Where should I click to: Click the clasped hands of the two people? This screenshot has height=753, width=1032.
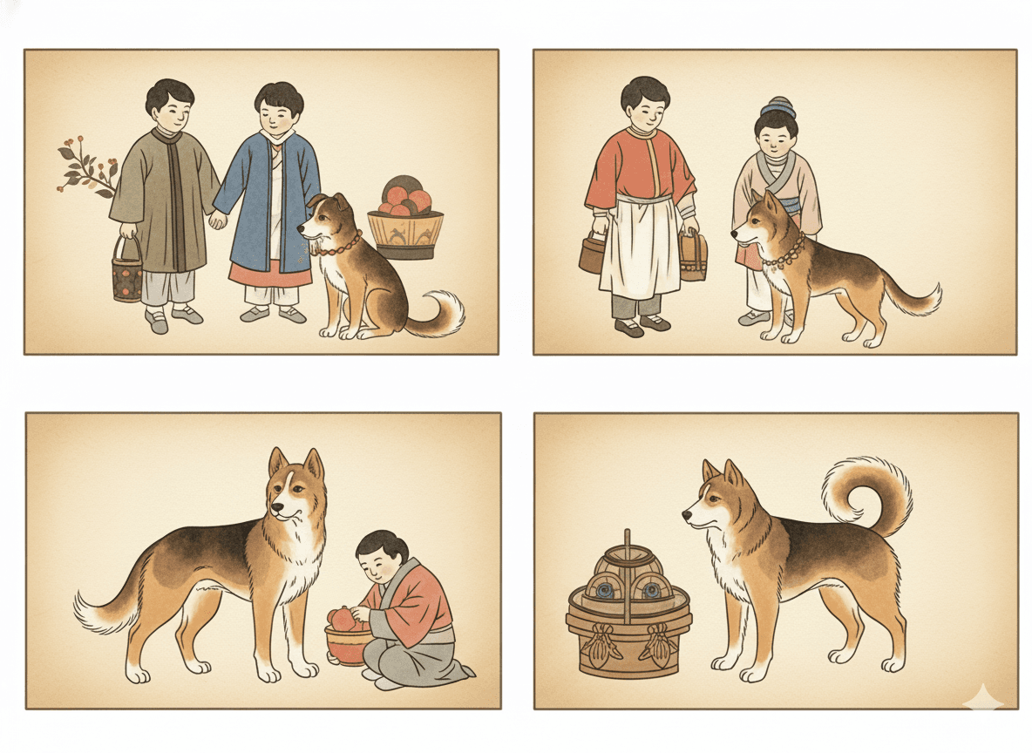[217, 220]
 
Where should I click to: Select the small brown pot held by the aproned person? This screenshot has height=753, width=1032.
[591, 254]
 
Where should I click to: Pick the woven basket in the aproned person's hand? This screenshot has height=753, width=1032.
[693, 258]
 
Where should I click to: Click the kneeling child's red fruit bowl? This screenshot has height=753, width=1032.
[347, 641]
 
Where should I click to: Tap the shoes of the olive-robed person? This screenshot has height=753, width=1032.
[171, 319]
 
